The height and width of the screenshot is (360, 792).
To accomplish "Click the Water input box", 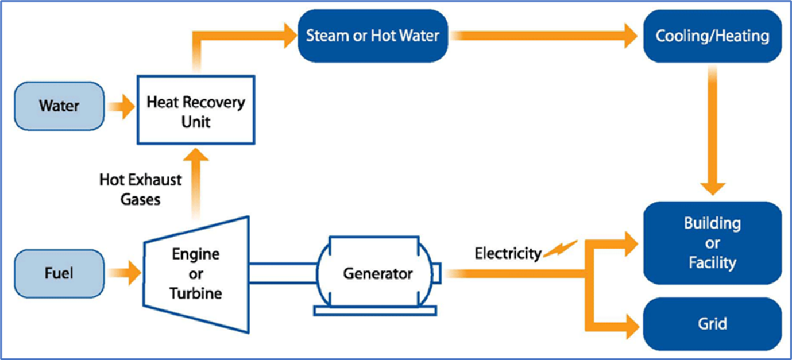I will click(60, 106).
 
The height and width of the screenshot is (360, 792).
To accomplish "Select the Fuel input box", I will click(60, 273).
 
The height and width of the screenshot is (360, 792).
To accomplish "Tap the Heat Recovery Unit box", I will click(196, 110).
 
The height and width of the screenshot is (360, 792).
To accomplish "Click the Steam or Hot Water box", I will click(373, 36).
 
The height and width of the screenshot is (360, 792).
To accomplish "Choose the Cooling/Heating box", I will click(712, 36).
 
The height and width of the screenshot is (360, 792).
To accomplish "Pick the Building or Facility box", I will click(712, 243).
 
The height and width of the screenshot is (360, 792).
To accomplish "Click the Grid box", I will click(712, 324).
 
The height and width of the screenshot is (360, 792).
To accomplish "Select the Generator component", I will click(377, 273).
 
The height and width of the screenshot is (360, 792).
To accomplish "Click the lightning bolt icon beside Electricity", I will click(559, 249).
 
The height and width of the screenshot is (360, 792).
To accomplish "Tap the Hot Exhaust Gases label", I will click(141, 189).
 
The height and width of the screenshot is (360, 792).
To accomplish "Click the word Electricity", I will click(508, 253).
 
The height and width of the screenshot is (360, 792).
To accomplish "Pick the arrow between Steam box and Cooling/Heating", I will click(546, 36).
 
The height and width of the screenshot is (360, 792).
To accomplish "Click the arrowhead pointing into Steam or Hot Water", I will click(286, 36).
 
